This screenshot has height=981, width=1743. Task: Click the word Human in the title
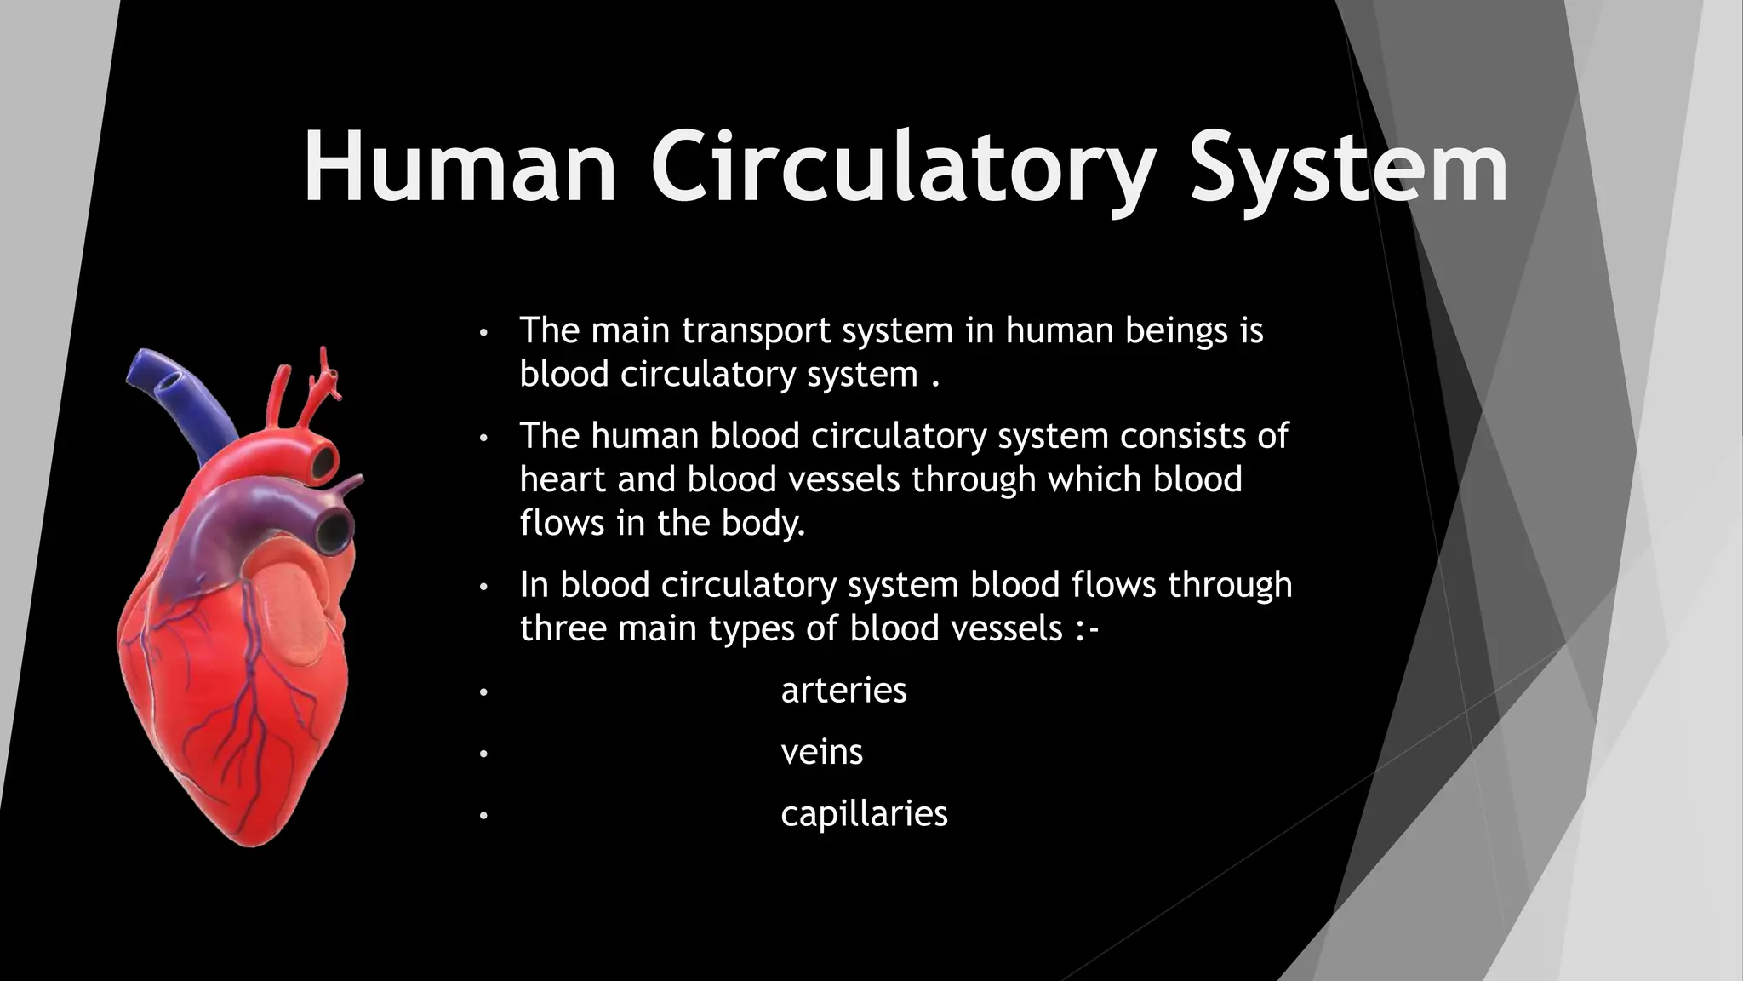(460, 167)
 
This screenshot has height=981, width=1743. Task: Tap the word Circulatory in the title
(902, 167)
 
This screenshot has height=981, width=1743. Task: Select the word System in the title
(1348, 167)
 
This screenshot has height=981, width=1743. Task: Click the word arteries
(843, 691)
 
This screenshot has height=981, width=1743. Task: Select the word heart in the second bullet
(563, 479)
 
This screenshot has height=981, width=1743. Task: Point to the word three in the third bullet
(563, 628)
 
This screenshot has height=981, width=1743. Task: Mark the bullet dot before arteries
(483, 692)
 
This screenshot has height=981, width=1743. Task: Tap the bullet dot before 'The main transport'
(483, 332)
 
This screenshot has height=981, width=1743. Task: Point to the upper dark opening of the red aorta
(324, 462)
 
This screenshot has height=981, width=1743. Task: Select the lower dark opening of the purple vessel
(333, 531)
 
